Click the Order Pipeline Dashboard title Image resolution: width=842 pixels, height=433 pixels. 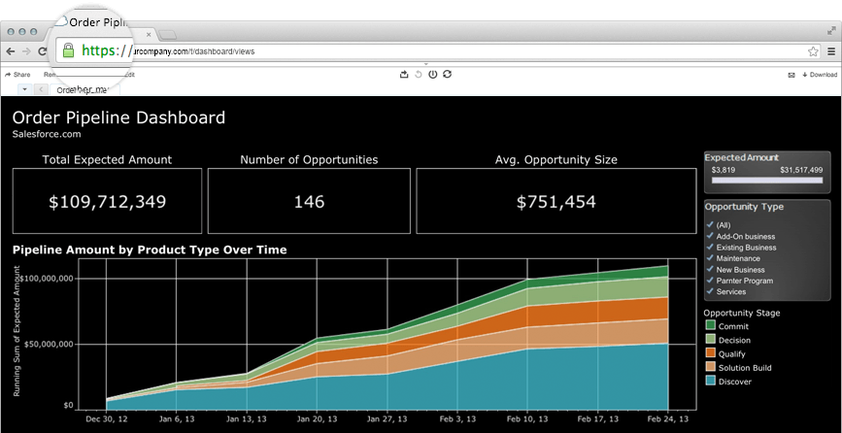click(118, 118)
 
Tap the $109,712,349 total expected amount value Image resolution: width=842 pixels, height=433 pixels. click(107, 202)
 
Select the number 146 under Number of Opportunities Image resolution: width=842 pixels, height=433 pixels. click(309, 202)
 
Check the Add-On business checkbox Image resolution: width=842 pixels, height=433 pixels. click(710, 236)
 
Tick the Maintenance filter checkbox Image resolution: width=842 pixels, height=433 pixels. click(710, 258)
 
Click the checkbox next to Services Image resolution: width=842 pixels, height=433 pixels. click(710, 291)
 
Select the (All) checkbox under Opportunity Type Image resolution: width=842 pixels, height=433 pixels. click(710, 225)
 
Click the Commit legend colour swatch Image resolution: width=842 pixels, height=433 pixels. click(711, 326)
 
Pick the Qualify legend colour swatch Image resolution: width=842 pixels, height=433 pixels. click(711, 353)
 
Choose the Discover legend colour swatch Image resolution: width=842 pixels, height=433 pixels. click(711, 382)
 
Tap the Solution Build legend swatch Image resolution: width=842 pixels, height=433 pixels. click(711, 368)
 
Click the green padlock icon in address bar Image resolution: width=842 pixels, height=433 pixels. click(67, 50)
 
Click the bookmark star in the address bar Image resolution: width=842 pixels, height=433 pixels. click(813, 50)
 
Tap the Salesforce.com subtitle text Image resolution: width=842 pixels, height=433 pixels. click(46, 134)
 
